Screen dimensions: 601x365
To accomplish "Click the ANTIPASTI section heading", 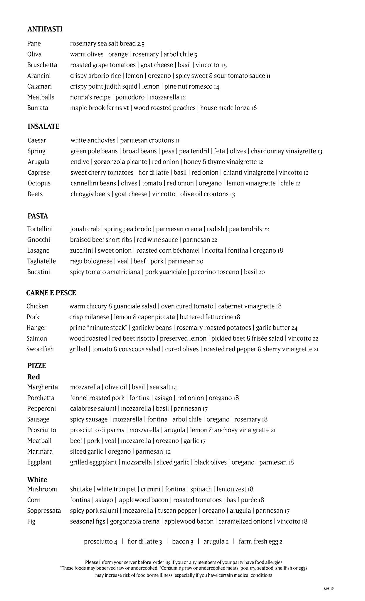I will point(45,29).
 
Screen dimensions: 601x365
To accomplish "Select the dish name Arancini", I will point(39,76).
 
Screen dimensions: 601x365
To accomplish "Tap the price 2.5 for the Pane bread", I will point(141,44).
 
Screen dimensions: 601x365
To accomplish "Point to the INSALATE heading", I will point(43,126).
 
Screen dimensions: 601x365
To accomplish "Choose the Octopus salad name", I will point(39,183).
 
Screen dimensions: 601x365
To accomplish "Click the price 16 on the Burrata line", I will point(254,108).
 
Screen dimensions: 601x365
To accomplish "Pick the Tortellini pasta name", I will point(40,229).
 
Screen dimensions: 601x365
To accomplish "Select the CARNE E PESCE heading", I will point(51,293).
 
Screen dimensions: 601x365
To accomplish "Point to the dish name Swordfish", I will point(40,349).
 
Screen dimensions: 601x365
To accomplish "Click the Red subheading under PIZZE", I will point(33,377).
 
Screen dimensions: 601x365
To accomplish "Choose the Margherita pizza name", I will point(43,387).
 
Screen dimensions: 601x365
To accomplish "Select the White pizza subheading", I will point(37,480).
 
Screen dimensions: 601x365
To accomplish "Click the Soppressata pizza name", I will point(44,511).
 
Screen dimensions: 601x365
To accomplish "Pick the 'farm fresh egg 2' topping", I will point(260,541).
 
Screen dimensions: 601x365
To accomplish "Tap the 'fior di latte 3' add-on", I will point(144,541).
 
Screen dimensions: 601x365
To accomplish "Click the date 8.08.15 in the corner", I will point(329,588).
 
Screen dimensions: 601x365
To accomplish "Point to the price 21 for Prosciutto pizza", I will point(273,431).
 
